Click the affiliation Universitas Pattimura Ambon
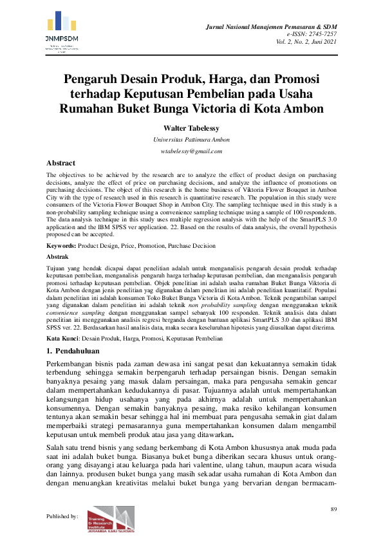click(191, 139)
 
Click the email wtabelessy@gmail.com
click(191, 151)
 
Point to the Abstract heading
click(61, 163)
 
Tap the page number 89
click(333, 509)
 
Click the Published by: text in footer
click(62, 516)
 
